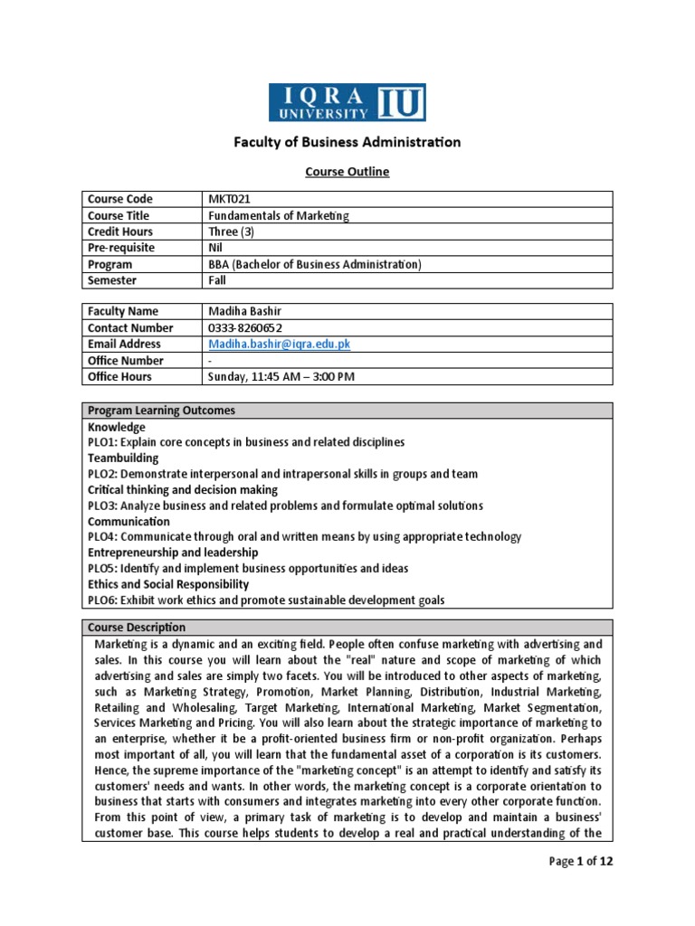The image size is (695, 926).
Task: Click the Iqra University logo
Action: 347,102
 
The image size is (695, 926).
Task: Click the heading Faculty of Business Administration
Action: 347,142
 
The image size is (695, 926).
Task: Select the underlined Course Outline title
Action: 347,172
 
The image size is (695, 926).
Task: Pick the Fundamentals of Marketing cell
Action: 278,215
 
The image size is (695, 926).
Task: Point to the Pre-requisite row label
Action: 121,248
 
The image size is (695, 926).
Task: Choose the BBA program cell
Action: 315,264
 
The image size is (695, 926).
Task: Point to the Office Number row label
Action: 126,360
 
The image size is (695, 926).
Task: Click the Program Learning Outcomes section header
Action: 161,411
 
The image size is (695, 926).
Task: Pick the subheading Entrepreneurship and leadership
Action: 173,553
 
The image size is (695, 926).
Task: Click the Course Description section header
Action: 137,628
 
